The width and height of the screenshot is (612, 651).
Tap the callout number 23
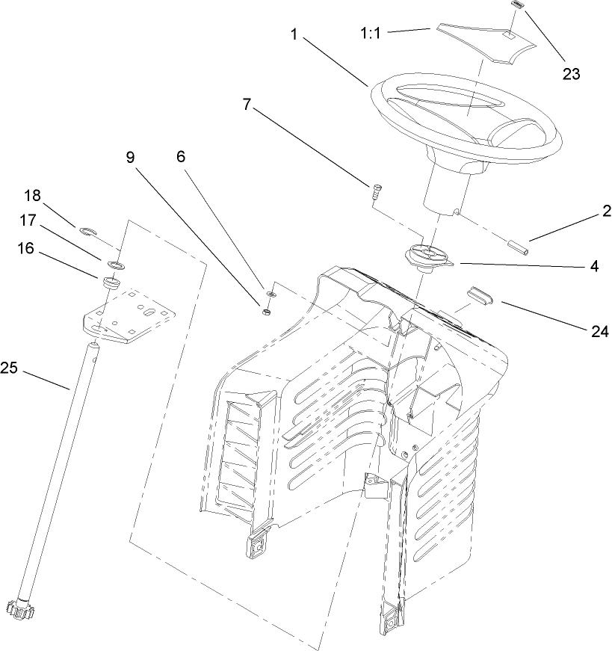click(571, 73)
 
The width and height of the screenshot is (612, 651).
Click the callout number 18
click(32, 196)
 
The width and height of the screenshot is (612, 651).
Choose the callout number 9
click(130, 157)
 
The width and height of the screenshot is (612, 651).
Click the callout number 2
click(602, 211)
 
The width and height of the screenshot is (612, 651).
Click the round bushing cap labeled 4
click(429, 258)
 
